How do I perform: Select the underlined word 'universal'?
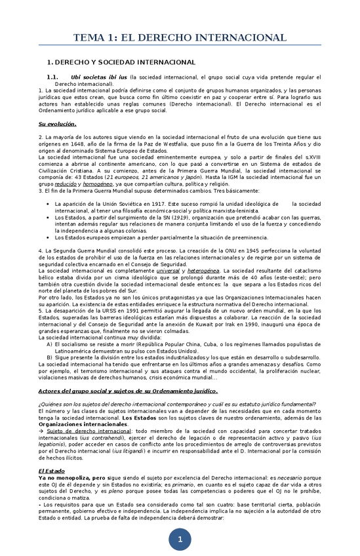click(x=169, y=271)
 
